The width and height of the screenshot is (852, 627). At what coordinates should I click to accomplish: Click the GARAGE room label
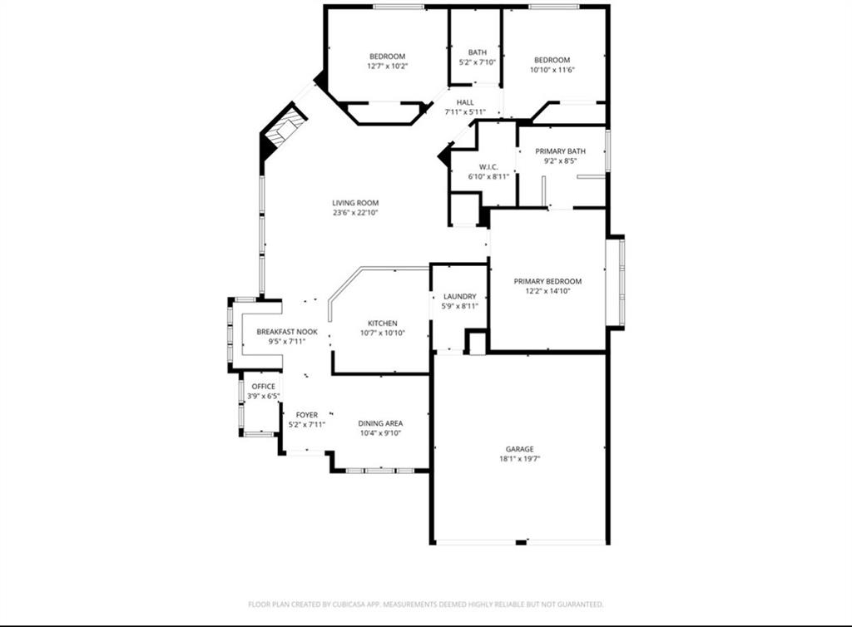(x=519, y=449)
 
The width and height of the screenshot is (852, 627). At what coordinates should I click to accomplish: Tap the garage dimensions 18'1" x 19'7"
(x=519, y=459)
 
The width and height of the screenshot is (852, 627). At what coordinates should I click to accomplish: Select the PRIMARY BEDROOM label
(x=547, y=281)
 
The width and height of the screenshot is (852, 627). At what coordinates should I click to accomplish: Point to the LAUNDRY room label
(x=459, y=296)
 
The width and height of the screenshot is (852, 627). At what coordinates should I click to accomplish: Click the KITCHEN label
(x=383, y=323)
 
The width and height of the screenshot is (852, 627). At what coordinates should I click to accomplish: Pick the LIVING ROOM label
(x=355, y=203)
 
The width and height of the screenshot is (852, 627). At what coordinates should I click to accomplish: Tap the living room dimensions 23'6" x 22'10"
(x=355, y=213)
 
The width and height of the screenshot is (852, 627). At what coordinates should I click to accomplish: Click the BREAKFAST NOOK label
(x=287, y=331)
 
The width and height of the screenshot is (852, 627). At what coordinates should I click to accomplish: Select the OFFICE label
(x=264, y=386)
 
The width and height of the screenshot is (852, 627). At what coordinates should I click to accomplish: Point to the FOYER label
(x=307, y=414)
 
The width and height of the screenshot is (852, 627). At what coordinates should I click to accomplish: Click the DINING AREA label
(x=380, y=423)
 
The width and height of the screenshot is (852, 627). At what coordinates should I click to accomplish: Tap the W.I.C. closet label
(x=488, y=166)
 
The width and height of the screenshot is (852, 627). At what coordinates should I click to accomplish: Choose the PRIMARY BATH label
(x=560, y=151)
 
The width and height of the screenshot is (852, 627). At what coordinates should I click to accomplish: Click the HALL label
(x=465, y=102)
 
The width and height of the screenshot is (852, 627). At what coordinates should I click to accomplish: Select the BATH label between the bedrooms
(x=477, y=52)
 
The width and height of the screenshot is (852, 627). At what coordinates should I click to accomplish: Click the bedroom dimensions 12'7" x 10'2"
(x=387, y=66)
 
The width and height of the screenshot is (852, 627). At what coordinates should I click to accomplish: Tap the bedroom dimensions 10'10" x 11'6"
(x=552, y=69)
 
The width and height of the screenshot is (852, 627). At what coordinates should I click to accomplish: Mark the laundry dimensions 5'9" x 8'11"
(x=459, y=306)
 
